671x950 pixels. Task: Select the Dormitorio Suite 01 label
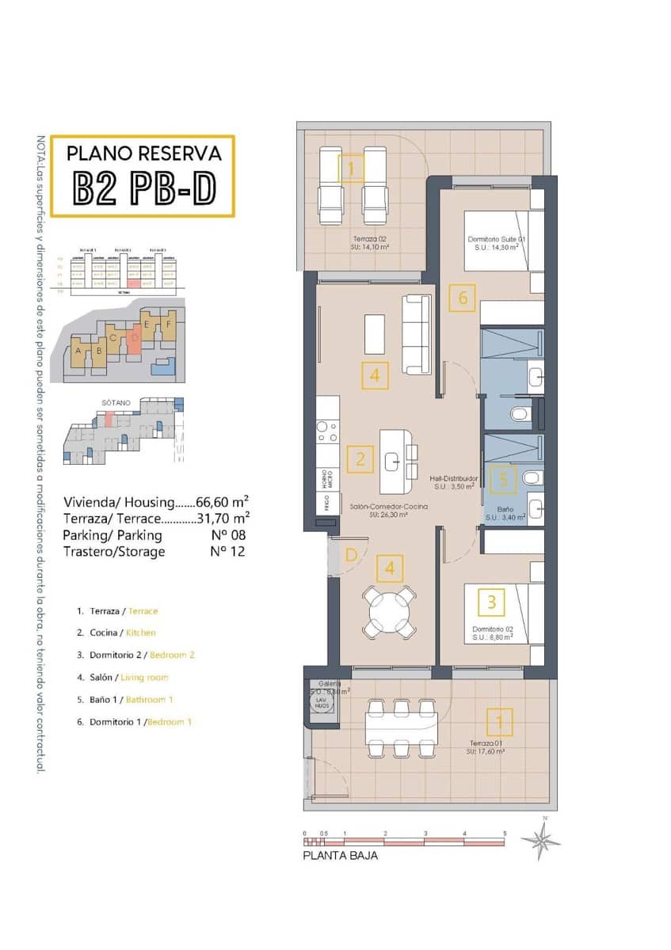[x=497, y=241]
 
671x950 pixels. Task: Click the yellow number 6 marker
[x=463, y=298]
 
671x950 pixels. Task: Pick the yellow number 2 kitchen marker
[x=360, y=459]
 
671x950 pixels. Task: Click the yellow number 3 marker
[x=491, y=602]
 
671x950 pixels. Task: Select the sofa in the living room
[x=417, y=333]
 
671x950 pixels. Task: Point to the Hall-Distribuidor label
[x=452, y=482]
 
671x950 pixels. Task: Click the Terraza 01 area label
[x=486, y=747]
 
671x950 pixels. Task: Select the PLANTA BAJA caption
[x=341, y=855]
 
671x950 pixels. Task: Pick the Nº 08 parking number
[x=228, y=535]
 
